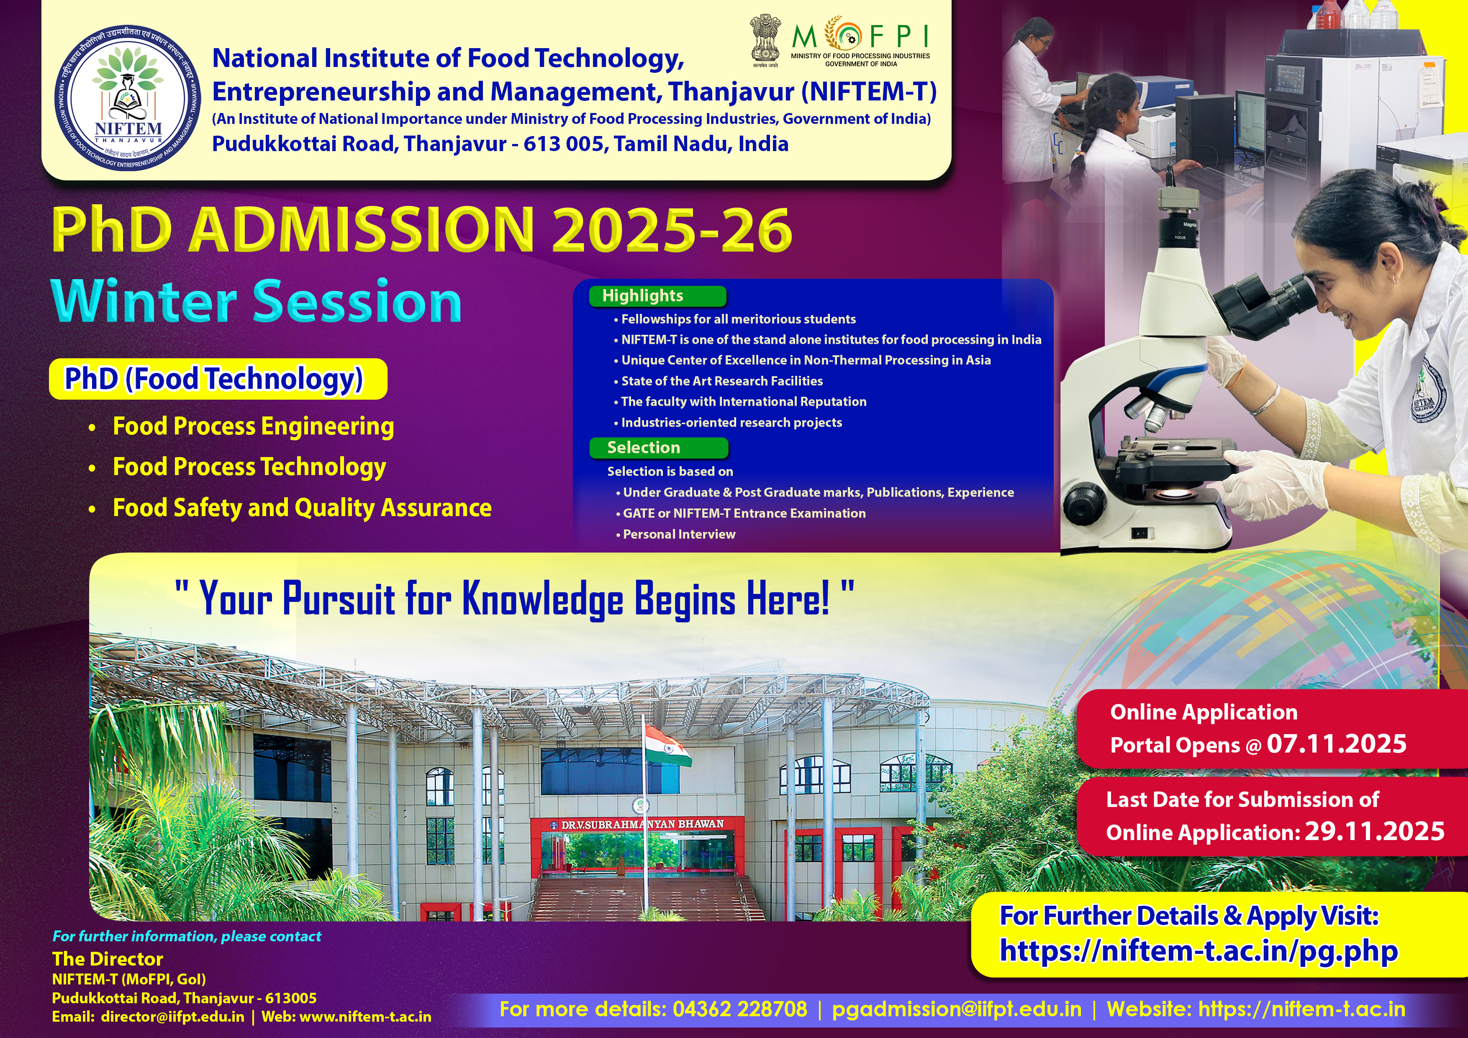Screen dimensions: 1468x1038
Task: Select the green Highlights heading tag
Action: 657,296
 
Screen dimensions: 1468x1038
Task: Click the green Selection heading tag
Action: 659,448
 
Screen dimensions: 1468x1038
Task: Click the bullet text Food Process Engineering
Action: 253,427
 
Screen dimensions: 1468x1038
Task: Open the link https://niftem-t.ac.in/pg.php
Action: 1199,951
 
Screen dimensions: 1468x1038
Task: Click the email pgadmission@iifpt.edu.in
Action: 957,1009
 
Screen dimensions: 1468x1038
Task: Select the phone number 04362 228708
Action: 740,1009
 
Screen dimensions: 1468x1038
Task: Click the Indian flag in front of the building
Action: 668,745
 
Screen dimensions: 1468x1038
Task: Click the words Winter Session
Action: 257,301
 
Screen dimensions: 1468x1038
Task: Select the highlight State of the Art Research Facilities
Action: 722,381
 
